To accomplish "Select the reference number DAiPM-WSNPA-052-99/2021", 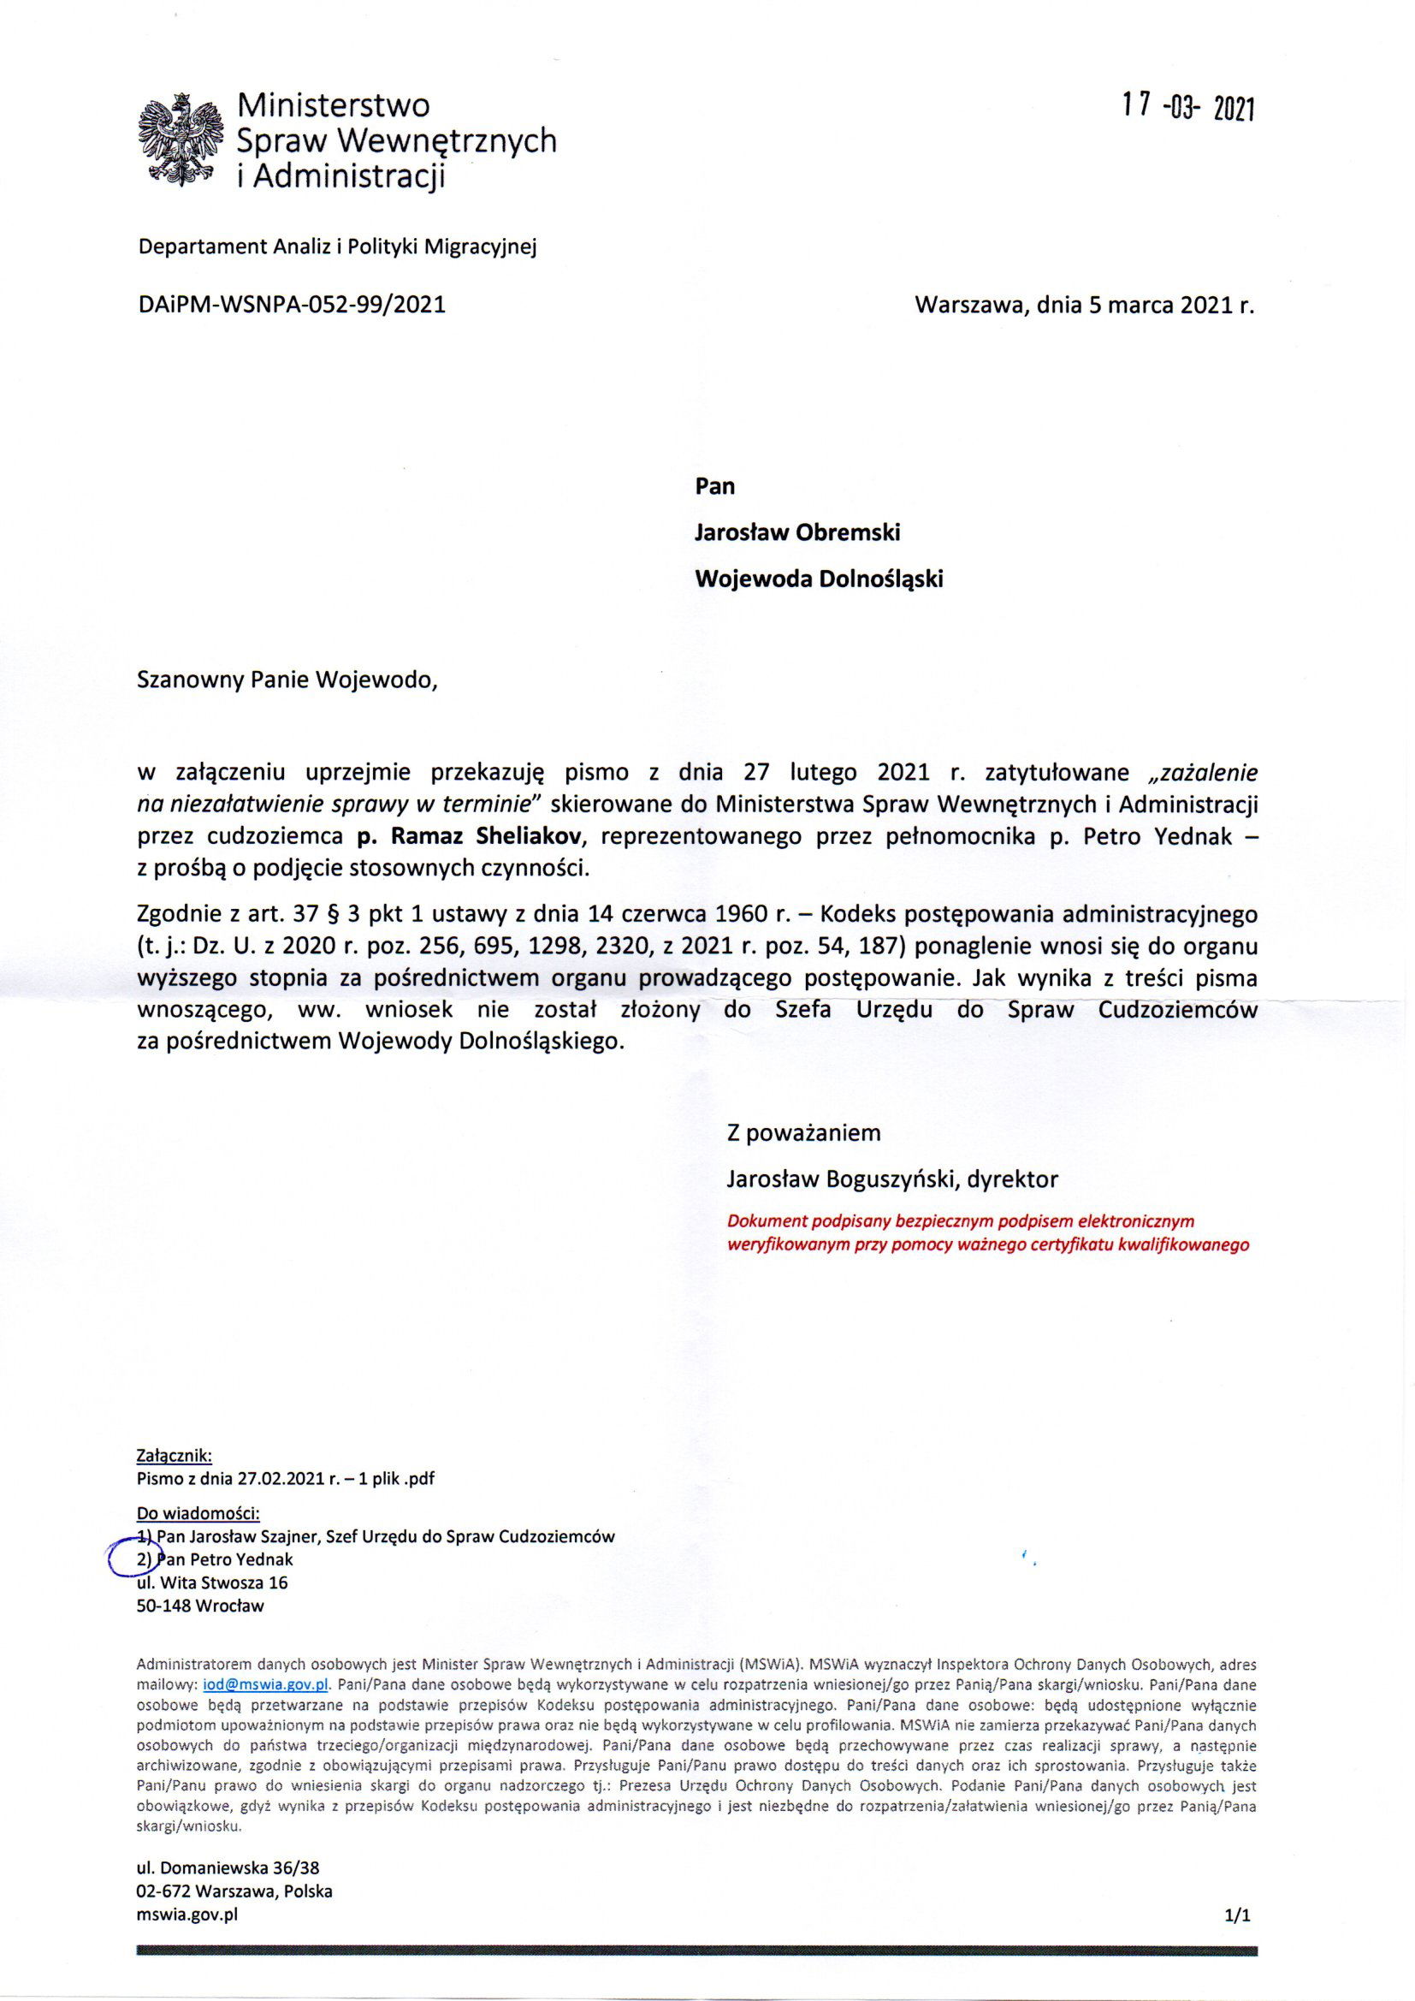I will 292,305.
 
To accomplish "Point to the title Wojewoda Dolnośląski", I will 818,579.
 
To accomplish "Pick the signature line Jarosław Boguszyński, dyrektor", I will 892,1179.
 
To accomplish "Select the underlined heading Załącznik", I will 175,1455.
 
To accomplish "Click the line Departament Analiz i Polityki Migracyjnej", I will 338,246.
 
